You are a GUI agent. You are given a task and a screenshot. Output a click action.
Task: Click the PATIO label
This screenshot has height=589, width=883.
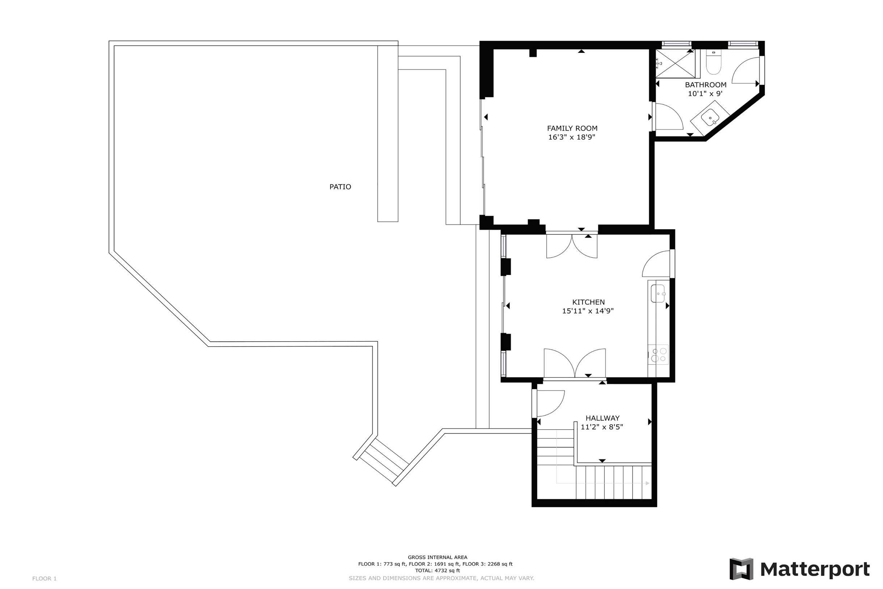(340, 187)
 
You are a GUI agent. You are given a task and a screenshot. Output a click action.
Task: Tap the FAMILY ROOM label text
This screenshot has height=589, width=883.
(572, 128)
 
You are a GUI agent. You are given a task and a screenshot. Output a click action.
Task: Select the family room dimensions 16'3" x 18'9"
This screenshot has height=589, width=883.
(571, 137)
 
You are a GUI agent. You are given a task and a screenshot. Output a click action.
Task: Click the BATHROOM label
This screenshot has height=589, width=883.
(706, 84)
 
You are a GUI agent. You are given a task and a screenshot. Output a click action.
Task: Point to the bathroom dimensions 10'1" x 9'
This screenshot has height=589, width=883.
(705, 93)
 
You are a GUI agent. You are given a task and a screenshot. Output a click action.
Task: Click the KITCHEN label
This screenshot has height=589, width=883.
(588, 302)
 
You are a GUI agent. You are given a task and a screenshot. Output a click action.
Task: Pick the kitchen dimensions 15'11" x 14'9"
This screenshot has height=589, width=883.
(588, 311)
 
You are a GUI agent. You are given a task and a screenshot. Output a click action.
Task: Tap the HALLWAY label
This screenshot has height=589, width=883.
(602, 418)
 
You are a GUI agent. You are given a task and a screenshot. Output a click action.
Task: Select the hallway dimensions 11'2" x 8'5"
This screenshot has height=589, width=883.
(601, 427)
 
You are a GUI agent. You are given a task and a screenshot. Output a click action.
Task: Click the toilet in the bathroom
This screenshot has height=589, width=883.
(713, 62)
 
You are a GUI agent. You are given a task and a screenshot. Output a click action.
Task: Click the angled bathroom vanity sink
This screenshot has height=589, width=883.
(709, 117)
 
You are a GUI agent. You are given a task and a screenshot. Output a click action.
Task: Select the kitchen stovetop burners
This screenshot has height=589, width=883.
(658, 354)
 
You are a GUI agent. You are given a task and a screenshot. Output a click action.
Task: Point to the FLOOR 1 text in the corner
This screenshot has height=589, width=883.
(44, 578)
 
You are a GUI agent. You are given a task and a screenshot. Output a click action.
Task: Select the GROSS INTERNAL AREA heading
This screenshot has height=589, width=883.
(437, 557)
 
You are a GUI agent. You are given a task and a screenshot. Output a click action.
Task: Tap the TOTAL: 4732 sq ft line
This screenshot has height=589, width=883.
(437, 571)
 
